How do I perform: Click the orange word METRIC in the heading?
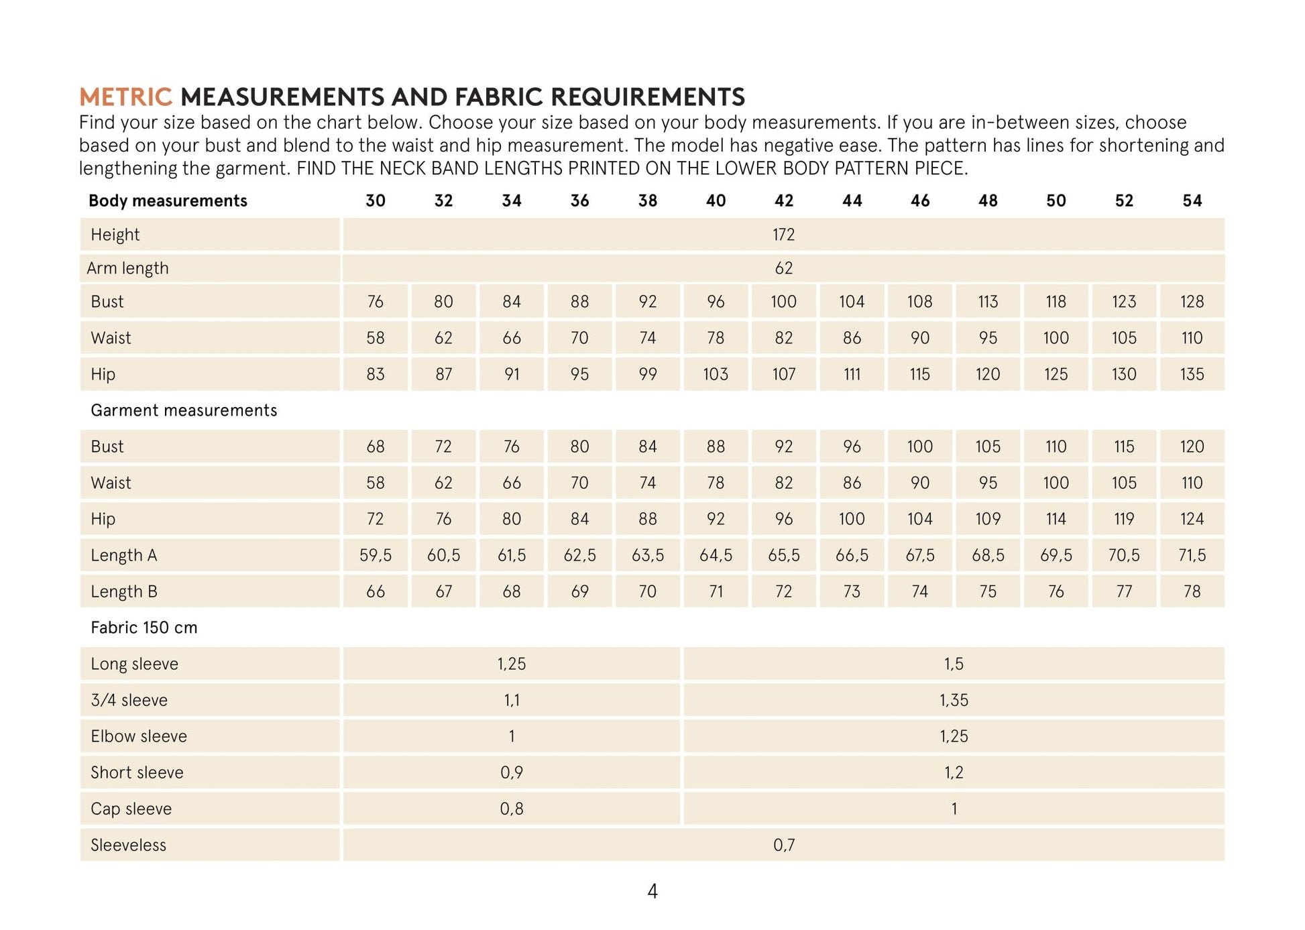[x=125, y=97]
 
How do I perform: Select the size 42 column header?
[x=783, y=200]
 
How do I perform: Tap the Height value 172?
[x=783, y=235]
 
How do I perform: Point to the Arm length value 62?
[x=783, y=268]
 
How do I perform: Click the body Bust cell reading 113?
[x=988, y=302]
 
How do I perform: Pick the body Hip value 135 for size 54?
[x=1192, y=374]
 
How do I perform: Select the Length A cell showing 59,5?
[x=376, y=555]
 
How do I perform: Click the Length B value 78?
[x=1192, y=591]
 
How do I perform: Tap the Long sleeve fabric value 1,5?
[x=954, y=664]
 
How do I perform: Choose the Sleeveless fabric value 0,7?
[x=783, y=845]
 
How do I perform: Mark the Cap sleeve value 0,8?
[x=512, y=809]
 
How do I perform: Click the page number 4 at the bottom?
[x=652, y=891]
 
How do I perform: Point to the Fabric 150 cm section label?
[x=144, y=628]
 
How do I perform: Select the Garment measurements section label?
[x=184, y=410]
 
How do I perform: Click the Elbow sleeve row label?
[x=139, y=736]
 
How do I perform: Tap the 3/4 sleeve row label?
[x=129, y=700]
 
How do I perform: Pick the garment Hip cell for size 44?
[x=852, y=519]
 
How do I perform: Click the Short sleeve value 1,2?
[x=954, y=772]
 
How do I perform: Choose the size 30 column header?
[x=376, y=200]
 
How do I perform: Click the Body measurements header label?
[x=168, y=200]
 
